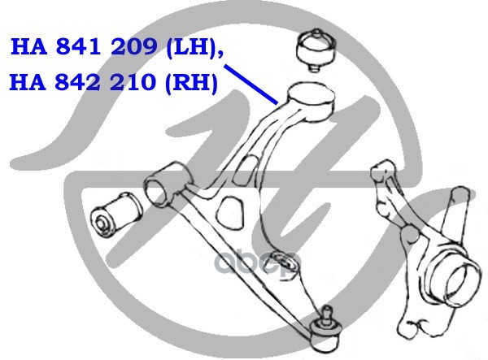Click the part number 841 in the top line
(78, 47)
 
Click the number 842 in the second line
(78, 82)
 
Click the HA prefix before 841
(29, 47)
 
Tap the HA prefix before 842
(28, 82)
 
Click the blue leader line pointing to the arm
(251, 85)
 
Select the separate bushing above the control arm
(316, 50)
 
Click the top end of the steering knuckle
(382, 168)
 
